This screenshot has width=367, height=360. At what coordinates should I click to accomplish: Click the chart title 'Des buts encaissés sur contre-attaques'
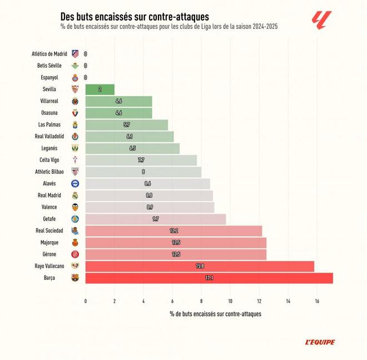coord(135,17)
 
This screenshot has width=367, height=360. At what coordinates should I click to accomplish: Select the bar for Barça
coord(209,278)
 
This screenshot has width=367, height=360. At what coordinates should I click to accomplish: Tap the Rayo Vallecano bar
coord(199,266)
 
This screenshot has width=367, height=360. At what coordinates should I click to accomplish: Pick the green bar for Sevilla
coord(100,89)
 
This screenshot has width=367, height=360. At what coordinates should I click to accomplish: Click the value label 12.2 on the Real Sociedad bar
coord(173,231)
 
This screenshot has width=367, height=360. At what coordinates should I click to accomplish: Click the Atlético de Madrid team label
coord(49,54)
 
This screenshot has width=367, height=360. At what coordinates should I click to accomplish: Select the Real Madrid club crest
coord(75,196)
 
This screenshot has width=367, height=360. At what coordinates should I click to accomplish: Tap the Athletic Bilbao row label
coord(50,172)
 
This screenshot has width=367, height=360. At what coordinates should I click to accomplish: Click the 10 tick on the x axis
coord(230,301)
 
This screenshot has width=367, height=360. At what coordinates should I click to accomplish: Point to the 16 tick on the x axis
coord(317,301)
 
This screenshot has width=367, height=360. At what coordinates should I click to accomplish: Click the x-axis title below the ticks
coord(215,314)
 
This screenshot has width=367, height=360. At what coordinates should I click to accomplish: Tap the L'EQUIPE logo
coord(320,342)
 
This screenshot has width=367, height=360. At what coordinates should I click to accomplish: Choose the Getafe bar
coord(156,219)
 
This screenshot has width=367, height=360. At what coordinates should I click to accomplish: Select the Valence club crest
coord(75,207)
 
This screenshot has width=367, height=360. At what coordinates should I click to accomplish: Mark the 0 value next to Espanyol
coord(85,77)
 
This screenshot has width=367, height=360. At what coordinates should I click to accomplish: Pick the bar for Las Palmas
coord(127,125)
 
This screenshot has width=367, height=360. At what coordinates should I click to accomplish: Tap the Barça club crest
coord(75,278)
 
